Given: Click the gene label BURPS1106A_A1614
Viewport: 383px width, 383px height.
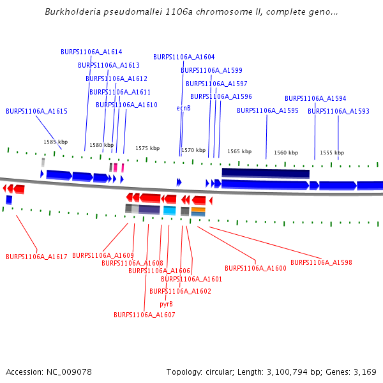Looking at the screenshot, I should coord(91,52).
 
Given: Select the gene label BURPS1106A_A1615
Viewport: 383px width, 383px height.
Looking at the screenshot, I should coord(36,111).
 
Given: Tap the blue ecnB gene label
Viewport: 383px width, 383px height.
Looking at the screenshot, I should coord(184,108).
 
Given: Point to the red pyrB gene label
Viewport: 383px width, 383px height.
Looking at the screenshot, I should coord(166,304).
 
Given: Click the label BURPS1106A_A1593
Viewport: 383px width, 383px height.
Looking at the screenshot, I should coord(338,111).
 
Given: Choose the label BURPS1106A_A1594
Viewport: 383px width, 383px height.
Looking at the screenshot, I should coord(315,98).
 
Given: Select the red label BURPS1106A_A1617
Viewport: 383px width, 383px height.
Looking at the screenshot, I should coord(36,257).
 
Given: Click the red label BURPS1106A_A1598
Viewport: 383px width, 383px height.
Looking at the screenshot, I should coord(321,262).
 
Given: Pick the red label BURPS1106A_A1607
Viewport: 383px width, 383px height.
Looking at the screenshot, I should coord(144,315).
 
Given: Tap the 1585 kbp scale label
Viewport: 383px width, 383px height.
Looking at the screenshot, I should coord(56,142).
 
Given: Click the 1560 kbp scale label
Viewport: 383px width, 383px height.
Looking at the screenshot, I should coord(286,153).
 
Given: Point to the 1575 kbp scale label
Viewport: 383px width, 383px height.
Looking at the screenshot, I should coord(147,148).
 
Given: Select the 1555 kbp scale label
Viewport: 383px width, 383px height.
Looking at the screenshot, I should coord(332,153).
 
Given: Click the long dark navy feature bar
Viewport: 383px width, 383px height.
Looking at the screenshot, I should coord(266,173).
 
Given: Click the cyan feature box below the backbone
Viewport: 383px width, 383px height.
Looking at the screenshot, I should coord(169,210).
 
